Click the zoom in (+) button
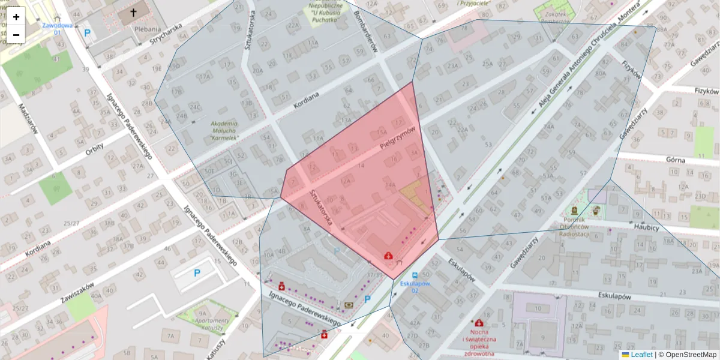coord(16,17)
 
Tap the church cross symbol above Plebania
coord(133,13)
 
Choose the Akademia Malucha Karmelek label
coord(224,131)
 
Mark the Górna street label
coord(675,160)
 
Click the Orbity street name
coord(94,149)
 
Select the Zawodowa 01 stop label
coord(57,29)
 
